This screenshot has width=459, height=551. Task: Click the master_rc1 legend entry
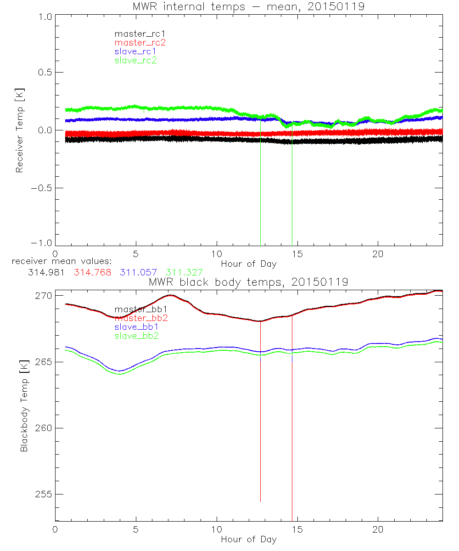coord(135,34)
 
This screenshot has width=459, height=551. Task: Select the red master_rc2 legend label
coord(140,43)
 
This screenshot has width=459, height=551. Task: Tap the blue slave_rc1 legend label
coord(135,51)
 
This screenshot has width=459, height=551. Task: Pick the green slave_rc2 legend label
coord(135,60)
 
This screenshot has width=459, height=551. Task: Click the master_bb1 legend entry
coord(137,309)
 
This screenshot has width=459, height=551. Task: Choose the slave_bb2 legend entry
coord(137,336)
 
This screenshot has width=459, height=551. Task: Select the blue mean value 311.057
coord(139,272)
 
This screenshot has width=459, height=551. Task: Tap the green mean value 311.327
coord(184,272)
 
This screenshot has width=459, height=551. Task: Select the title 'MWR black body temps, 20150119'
coord(248,282)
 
